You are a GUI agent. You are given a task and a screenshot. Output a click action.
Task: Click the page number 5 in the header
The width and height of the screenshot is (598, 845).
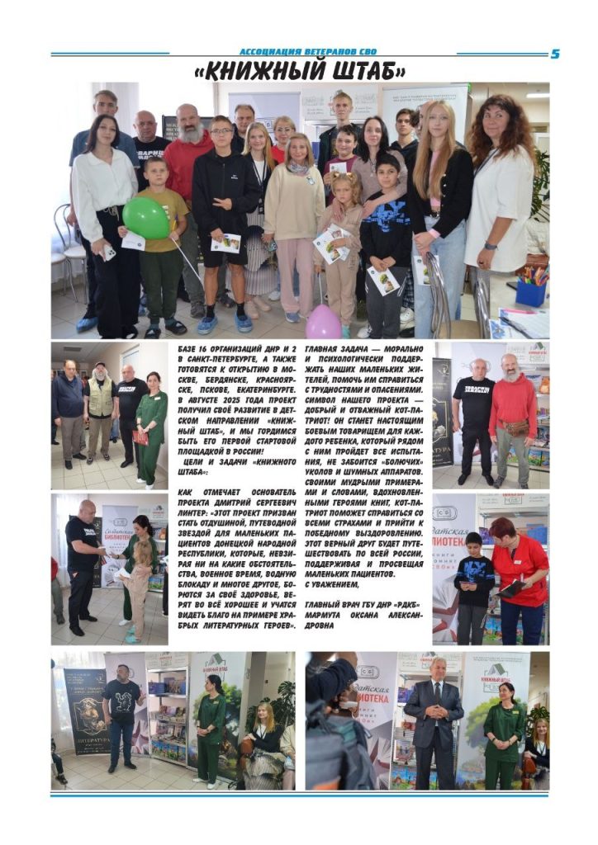pos(555,54)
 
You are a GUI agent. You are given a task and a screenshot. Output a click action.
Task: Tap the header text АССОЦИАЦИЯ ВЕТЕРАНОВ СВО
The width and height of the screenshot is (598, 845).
pos(307,52)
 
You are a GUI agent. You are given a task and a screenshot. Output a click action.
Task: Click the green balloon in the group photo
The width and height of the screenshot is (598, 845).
pos(145,218)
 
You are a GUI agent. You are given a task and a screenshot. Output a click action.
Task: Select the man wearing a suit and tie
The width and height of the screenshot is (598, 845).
pos(434,718)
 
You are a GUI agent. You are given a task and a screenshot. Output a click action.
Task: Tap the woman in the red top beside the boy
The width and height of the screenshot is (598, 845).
pos(519,569)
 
